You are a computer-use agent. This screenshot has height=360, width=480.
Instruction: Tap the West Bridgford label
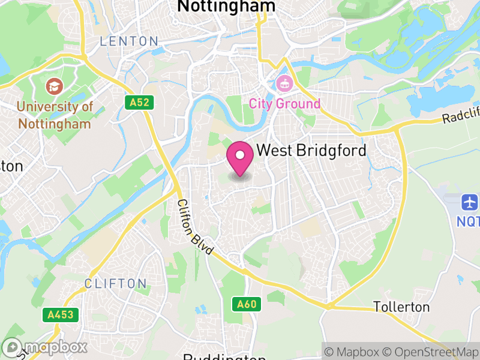click(311, 151)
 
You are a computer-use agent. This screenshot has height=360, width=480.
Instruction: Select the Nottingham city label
click(226, 6)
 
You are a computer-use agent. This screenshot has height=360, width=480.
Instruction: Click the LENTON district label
click(129, 41)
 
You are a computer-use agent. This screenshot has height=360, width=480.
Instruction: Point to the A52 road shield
click(139, 103)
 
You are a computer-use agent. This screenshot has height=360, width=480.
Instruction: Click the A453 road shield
click(61, 314)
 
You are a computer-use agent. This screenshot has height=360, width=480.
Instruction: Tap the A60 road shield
click(247, 304)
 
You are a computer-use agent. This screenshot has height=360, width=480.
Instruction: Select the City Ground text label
click(285, 104)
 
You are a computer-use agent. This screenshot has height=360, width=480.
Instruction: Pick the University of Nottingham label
click(55, 115)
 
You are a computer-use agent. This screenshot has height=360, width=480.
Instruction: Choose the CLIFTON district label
click(115, 283)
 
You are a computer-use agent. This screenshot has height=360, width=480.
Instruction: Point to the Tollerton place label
click(401, 307)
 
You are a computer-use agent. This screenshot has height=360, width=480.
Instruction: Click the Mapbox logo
click(45, 347)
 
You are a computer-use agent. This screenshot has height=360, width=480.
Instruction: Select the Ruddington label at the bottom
click(224, 356)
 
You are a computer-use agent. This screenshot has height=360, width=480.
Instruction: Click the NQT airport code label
click(469, 221)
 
